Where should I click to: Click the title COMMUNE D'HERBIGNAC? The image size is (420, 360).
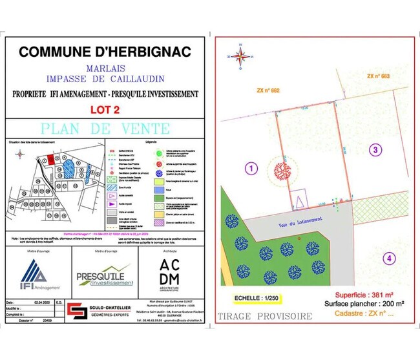point(106,52)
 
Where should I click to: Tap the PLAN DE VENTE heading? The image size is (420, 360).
point(106,129)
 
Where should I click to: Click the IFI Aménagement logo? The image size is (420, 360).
point(39,274)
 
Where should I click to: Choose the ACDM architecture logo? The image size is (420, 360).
point(173,274)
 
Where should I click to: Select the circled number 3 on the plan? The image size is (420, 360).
point(374,151)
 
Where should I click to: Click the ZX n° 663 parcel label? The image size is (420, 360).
point(378,76)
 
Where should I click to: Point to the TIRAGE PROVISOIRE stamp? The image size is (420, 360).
point(265,316)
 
